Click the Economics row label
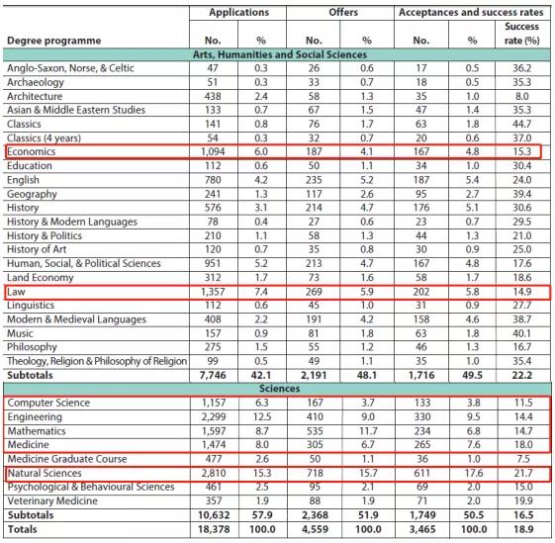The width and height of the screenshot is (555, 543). [32, 152]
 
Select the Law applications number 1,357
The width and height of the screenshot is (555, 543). [213, 292]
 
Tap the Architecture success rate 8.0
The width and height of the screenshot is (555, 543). [522, 96]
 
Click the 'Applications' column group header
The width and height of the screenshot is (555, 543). [239, 13]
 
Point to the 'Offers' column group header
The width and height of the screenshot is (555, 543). [343, 13]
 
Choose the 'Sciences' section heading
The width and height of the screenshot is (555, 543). [280, 389]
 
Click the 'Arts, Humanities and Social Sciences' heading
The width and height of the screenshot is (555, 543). [280, 54]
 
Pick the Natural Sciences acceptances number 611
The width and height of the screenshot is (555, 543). [421, 473]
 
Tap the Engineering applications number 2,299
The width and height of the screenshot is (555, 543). [214, 417]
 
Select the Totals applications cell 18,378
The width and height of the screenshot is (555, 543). [214, 529]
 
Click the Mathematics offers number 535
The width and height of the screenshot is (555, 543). [315, 431]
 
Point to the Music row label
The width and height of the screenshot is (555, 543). [20, 333]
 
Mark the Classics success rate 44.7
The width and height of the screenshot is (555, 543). [522, 125]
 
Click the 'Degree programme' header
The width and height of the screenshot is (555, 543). [54, 41]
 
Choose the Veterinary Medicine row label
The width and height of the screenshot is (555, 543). [52, 501]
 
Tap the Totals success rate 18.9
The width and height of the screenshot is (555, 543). [523, 529]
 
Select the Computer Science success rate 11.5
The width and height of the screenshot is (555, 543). [523, 403]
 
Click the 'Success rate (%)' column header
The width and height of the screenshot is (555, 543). [522, 34]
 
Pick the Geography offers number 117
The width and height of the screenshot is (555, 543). [314, 194]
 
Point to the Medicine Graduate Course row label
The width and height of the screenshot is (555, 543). [67, 459]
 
